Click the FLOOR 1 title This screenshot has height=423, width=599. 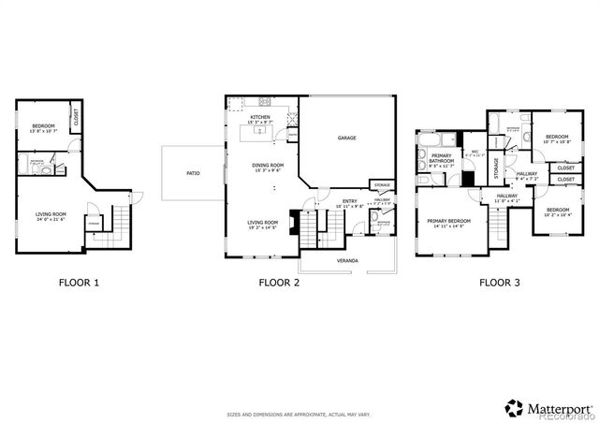[78, 281]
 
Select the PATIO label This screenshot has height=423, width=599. [193, 173]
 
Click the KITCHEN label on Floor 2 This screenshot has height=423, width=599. [261, 117]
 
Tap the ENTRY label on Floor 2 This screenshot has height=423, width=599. [350, 200]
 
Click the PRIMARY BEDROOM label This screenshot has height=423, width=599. [446, 221]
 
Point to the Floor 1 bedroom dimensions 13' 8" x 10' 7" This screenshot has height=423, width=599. [44, 131]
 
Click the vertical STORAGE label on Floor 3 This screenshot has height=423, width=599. [495, 168]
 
